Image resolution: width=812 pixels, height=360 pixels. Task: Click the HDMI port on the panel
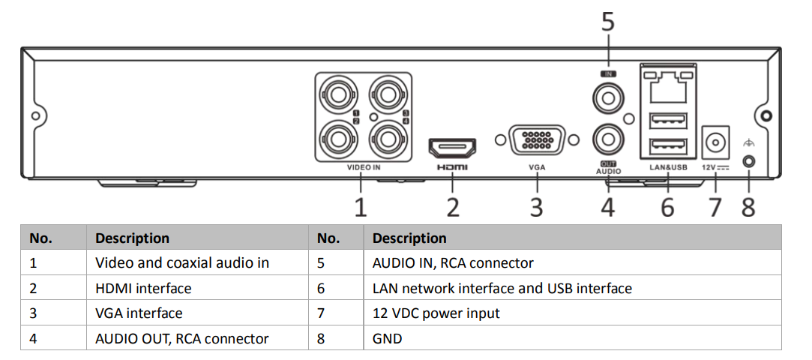coord(452,145)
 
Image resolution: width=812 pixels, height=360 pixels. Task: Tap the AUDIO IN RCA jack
coord(607,97)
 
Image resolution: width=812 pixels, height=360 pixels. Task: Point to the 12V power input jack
coord(715,140)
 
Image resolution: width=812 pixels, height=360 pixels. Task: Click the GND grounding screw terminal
coord(748,160)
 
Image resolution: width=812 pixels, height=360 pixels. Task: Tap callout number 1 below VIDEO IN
coord(361,205)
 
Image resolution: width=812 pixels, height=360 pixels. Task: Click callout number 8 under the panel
coord(748,206)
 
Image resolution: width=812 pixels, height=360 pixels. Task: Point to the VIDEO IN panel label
coord(364,168)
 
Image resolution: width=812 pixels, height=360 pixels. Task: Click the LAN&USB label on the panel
coord(664,168)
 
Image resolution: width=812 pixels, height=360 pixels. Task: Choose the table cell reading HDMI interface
coord(143,288)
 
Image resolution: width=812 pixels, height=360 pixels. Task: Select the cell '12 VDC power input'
coord(436,313)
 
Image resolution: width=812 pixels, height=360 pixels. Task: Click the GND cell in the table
coord(387,338)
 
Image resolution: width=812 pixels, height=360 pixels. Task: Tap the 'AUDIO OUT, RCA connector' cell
coord(181,338)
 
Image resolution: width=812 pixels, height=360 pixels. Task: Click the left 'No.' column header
coord(40,238)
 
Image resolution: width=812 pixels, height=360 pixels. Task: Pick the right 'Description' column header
coord(409,238)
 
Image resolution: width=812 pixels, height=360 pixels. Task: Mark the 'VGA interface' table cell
coord(139,313)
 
